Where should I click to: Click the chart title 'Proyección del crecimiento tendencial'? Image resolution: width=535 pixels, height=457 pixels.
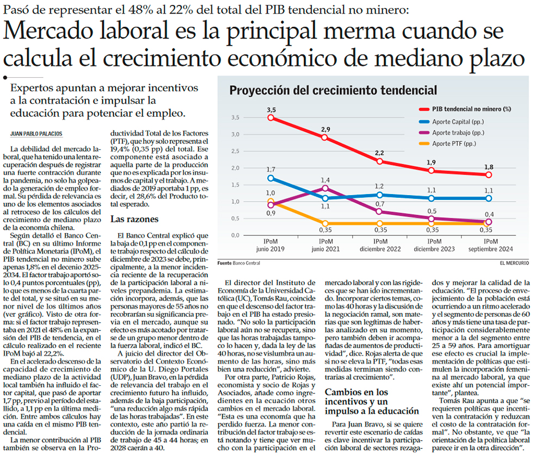[333, 90]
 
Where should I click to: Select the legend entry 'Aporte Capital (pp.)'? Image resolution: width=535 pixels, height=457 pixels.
[458, 121]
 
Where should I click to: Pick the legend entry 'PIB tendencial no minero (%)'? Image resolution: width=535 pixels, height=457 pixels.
[471, 109]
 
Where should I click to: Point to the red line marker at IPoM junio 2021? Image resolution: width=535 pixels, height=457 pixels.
[325, 137]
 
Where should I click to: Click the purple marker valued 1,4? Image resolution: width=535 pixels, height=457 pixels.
[325, 188]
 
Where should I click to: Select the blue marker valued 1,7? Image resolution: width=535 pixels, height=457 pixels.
[270, 178]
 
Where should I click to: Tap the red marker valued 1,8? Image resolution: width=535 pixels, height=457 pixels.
[488, 174]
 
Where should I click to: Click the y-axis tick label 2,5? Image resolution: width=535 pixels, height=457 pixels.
[235, 151]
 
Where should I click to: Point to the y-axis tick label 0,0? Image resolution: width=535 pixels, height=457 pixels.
[235, 235]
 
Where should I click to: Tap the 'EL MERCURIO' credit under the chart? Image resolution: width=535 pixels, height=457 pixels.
[514, 263]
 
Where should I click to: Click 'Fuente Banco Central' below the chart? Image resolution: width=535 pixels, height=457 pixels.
[238, 263]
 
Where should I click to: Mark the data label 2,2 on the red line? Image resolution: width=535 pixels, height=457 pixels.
[379, 153]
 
